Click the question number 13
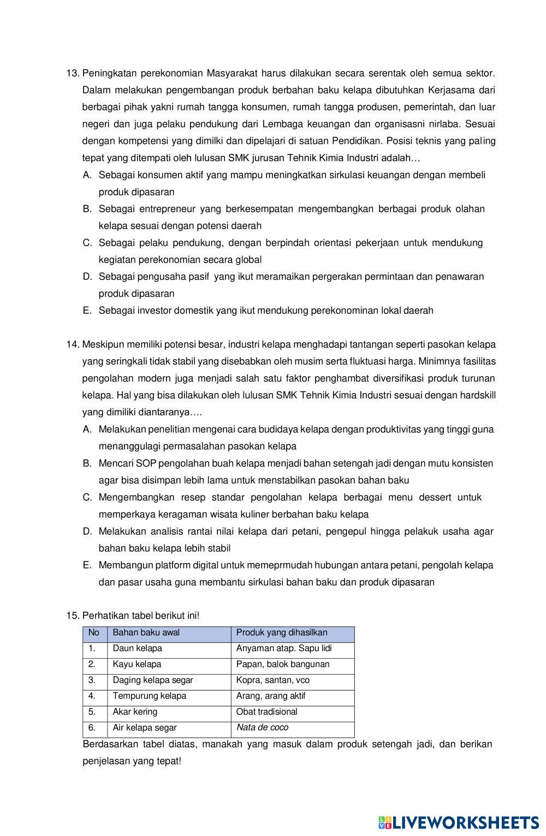(73, 73)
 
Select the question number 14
(73, 344)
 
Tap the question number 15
(73, 616)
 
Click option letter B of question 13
(87, 209)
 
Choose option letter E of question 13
(87, 311)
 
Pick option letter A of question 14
(87, 429)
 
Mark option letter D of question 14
(87, 531)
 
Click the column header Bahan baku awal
(146, 633)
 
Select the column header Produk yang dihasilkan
(282, 633)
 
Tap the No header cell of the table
(94, 633)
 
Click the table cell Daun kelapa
(138, 648)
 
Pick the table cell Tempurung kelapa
(150, 696)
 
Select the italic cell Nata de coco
(262, 728)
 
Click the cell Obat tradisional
(266, 712)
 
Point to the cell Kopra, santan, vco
(272, 680)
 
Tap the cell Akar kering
(135, 712)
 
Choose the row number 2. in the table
(92, 664)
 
